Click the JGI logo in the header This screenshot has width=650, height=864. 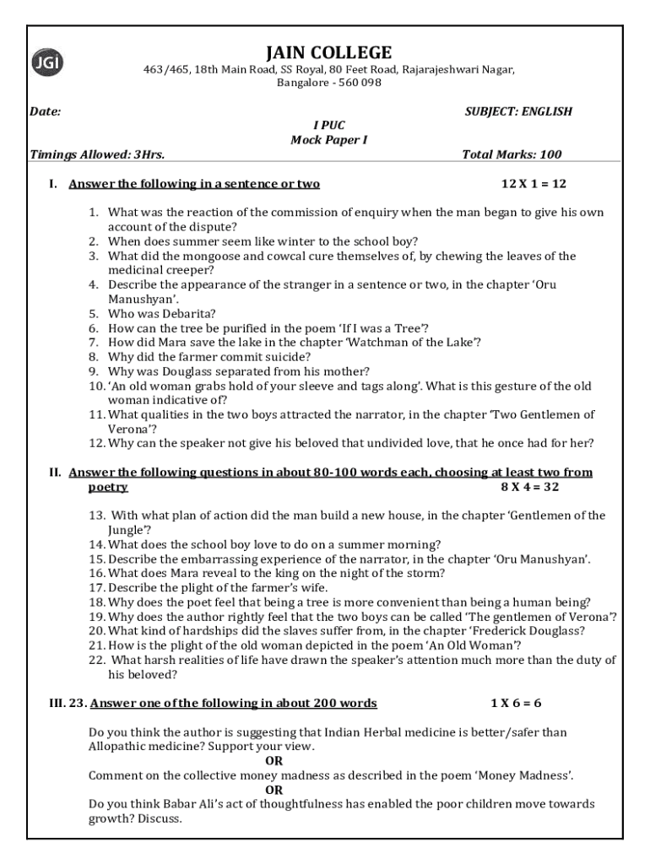click(47, 62)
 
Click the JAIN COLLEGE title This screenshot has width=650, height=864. click(328, 52)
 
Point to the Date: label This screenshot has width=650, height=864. click(45, 111)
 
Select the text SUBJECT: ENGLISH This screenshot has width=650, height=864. click(518, 111)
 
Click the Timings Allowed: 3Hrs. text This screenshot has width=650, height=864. click(97, 154)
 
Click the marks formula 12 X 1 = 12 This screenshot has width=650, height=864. click(534, 184)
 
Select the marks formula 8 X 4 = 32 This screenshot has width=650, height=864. click(530, 487)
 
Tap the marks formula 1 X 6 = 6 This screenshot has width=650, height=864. click(516, 703)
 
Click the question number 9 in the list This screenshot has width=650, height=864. click(95, 371)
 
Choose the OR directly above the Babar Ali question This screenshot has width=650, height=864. click(274, 790)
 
